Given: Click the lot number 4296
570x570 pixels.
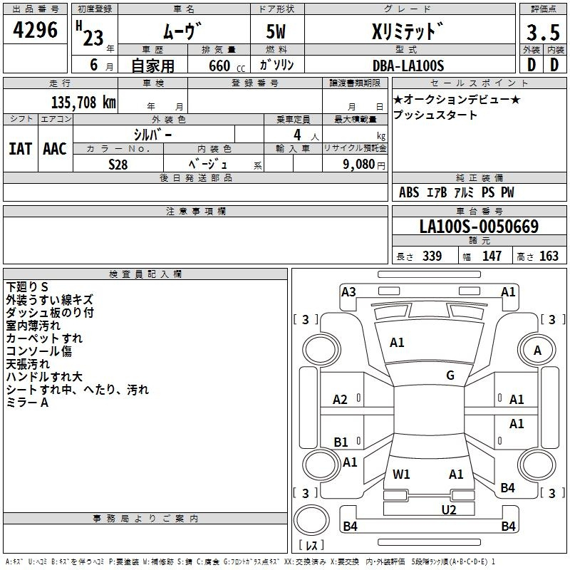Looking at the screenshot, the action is pos(35,30).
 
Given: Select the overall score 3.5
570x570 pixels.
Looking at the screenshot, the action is pos(543,32).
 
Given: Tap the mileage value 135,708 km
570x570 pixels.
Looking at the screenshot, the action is pos(83,103).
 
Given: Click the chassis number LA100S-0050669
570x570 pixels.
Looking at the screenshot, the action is pos(479,227).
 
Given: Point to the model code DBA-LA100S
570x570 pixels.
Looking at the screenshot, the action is pos(408,66).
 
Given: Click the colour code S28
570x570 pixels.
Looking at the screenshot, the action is pos(118,165).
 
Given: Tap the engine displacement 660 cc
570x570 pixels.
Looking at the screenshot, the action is pos(227,66).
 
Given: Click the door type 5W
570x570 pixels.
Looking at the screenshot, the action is pos(276,31).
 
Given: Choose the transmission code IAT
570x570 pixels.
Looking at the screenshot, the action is pos(21,149).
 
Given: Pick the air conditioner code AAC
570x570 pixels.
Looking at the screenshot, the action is pos(55,149).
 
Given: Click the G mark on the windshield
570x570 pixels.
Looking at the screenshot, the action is pos(450,375).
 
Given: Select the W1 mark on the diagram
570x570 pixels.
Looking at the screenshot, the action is pos(401,474).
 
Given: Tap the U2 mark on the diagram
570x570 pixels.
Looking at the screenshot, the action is pos(449,509).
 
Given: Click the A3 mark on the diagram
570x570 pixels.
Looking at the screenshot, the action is pos(348,291).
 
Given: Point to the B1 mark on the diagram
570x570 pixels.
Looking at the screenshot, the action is pos(341,442).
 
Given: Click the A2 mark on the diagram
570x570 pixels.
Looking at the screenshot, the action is pos(341,400).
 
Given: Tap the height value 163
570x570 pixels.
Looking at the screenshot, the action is pos(549,256).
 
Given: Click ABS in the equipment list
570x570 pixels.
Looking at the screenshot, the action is pos(409,192).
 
